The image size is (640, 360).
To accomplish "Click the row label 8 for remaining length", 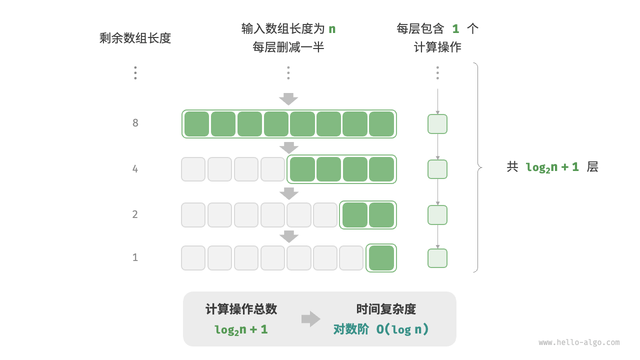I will click(135, 123).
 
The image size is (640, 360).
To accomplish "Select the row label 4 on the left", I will click(135, 169).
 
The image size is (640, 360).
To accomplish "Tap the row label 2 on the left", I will click(135, 214).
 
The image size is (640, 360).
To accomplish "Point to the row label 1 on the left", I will click(135, 257).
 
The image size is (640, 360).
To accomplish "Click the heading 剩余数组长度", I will click(135, 38).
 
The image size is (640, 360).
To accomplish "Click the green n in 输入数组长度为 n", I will click(332, 29).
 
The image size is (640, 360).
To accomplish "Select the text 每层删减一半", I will click(288, 47).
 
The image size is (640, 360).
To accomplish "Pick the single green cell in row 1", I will click(381, 258).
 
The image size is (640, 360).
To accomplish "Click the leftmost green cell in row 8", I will click(196, 124).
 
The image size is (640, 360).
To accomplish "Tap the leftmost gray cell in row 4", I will click(193, 169).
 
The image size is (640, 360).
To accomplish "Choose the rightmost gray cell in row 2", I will click(325, 215).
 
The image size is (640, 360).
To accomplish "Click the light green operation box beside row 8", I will click(437, 124).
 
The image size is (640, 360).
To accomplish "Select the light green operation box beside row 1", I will click(437, 258).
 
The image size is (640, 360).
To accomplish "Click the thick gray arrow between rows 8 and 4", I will click(288, 147).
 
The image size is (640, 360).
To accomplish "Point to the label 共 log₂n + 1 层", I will click(552, 167).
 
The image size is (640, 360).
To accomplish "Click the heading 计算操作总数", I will click(241, 309).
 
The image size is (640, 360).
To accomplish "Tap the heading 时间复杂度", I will click(386, 309).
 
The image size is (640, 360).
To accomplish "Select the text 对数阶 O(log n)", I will click(381, 329).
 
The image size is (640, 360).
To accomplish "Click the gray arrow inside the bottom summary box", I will click(310, 319).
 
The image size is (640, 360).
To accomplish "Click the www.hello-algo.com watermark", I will click(579, 342).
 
